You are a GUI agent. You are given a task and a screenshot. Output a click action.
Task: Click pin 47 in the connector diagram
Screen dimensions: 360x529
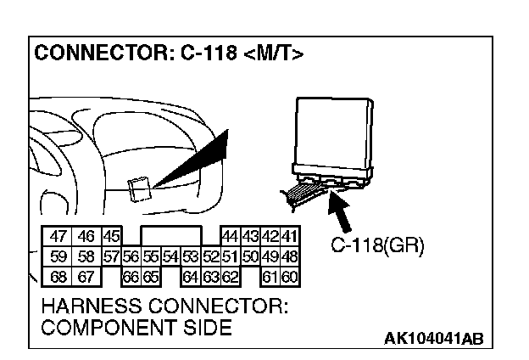[58, 238]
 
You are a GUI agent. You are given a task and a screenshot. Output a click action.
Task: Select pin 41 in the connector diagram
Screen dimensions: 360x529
[290, 238]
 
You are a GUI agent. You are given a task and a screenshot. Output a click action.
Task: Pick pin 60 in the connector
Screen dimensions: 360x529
[290, 275]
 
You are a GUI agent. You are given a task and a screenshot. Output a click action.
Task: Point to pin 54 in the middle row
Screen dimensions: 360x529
[170, 256]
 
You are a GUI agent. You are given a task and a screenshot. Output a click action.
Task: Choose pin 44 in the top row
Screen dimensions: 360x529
[229, 238]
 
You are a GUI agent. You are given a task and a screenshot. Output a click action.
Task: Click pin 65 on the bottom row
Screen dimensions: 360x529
[150, 275]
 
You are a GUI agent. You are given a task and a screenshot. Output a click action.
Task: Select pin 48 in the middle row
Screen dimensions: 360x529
[290, 256]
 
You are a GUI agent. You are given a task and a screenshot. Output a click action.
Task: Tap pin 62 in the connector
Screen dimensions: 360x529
[231, 275]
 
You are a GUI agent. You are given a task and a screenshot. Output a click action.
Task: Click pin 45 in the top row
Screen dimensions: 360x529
[110, 238]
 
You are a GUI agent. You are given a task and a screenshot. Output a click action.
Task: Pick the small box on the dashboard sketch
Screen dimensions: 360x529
[137, 188]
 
